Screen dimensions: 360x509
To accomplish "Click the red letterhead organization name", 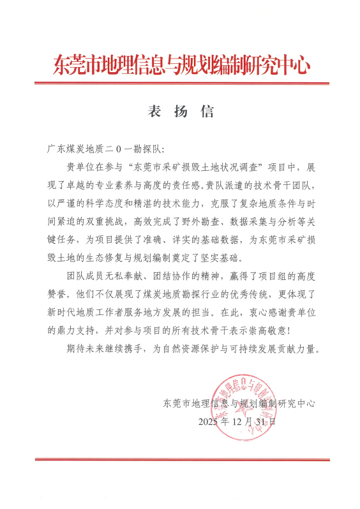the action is coord(181,64).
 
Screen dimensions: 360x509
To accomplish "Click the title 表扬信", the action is coord(181,111).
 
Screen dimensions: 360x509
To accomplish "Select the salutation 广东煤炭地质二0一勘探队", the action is coord(105,149).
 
